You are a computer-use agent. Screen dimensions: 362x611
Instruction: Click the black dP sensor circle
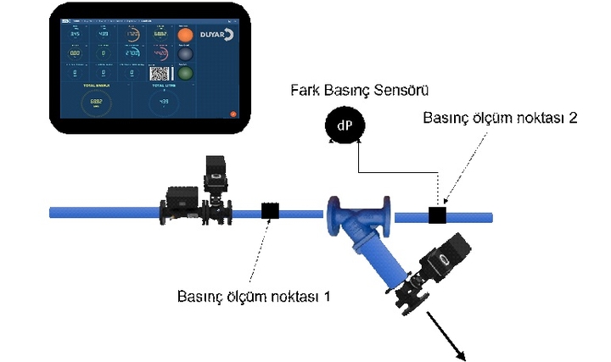click(x=344, y=126)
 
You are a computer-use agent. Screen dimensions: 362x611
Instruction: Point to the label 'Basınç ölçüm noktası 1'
click(x=254, y=297)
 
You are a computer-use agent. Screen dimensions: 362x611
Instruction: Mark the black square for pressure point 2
click(x=438, y=214)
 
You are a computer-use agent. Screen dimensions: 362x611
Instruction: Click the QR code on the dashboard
click(x=160, y=74)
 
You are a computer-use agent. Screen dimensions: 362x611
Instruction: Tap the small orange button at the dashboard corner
click(x=232, y=113)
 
